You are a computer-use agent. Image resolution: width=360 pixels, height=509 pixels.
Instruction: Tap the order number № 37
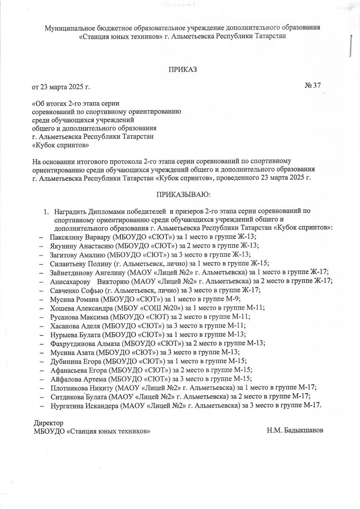click(312, 86)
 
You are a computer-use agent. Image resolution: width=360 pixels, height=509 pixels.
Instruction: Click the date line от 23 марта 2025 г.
click(62, 87)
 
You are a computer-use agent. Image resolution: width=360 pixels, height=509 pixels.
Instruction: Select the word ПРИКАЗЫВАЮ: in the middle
click(184, 195)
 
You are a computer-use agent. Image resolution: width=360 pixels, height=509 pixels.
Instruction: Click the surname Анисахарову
click(70, 281)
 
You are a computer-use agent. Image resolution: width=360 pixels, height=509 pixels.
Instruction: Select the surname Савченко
click(65, 290)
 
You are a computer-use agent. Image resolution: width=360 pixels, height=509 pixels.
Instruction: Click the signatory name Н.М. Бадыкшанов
click(295, 431)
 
